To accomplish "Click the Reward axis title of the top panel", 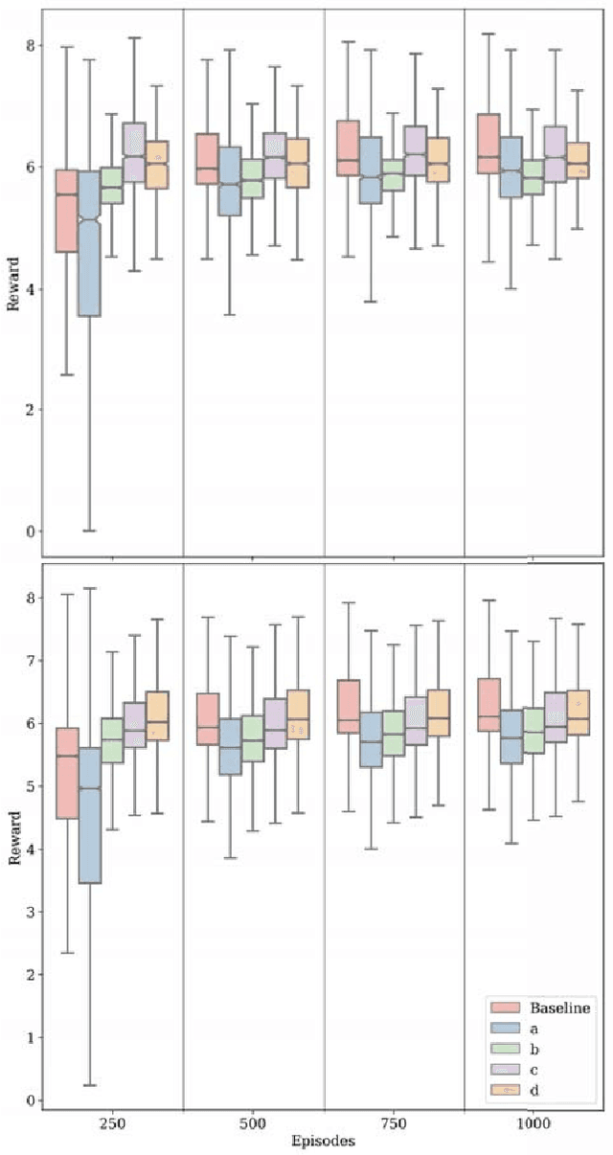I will (13, 286).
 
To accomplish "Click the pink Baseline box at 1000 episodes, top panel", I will (488, 144).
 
